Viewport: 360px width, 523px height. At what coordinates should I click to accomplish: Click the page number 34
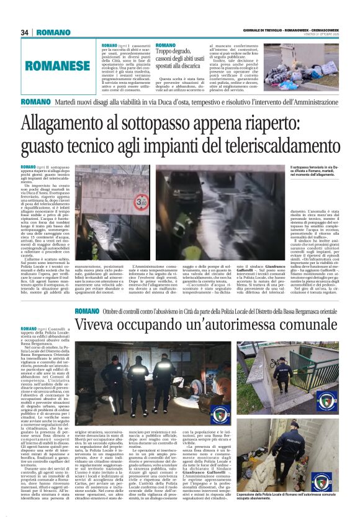(x=25, y=32)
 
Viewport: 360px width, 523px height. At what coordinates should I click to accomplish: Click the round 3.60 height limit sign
(x=142, y=203)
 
